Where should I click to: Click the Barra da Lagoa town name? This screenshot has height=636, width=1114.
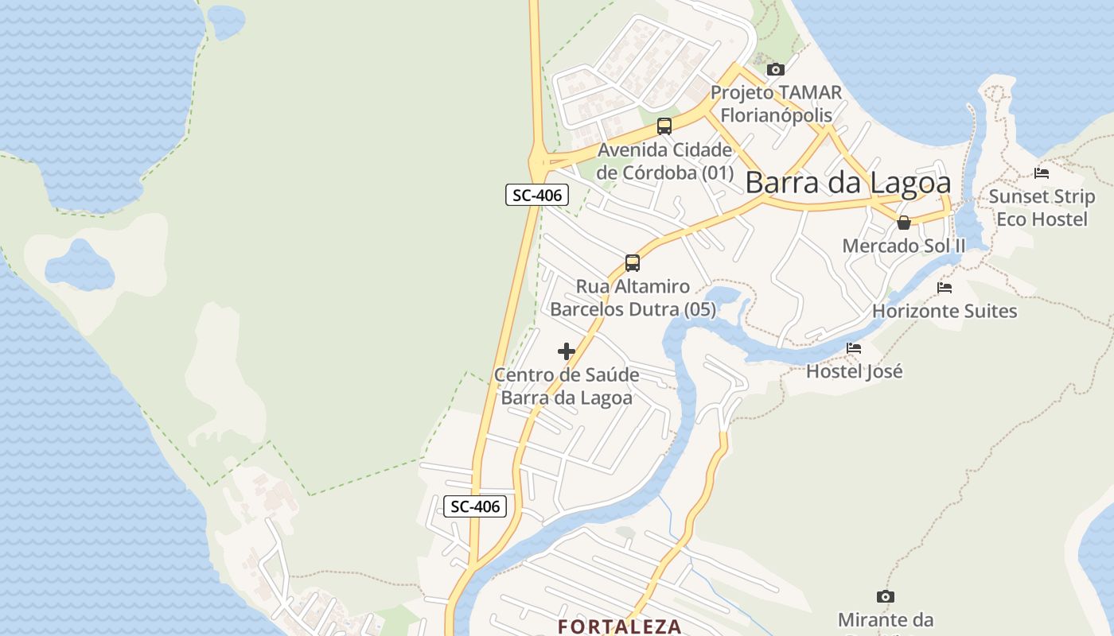847,183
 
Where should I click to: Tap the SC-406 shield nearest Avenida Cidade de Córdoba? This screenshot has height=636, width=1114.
537,195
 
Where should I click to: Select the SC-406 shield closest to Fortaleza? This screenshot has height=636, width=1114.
475,506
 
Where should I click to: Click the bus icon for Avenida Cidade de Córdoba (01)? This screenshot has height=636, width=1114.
664,126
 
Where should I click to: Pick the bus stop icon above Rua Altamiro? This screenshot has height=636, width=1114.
633,262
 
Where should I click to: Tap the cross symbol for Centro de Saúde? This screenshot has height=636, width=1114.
567,351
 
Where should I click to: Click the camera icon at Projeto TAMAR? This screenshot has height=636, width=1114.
776,70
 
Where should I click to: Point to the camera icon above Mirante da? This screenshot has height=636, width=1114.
886,596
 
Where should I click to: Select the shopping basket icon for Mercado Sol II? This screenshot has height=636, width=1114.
903,223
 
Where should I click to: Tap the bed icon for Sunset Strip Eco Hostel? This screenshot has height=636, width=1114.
1042,173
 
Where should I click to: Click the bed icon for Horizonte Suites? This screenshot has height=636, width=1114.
945,287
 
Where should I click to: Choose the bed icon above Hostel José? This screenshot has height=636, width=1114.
854,348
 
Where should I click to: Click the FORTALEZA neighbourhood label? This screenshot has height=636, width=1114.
620,626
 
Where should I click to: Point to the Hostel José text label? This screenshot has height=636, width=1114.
855,371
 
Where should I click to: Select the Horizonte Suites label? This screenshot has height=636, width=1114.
945,311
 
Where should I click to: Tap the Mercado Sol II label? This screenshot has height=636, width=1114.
904,246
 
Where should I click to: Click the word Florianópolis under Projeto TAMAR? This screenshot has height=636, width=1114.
776,115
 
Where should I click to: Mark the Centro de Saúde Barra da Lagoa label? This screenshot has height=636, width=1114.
567,386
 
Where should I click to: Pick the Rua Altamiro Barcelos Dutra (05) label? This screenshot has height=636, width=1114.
633,298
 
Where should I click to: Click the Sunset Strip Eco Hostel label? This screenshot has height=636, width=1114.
1042,207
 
